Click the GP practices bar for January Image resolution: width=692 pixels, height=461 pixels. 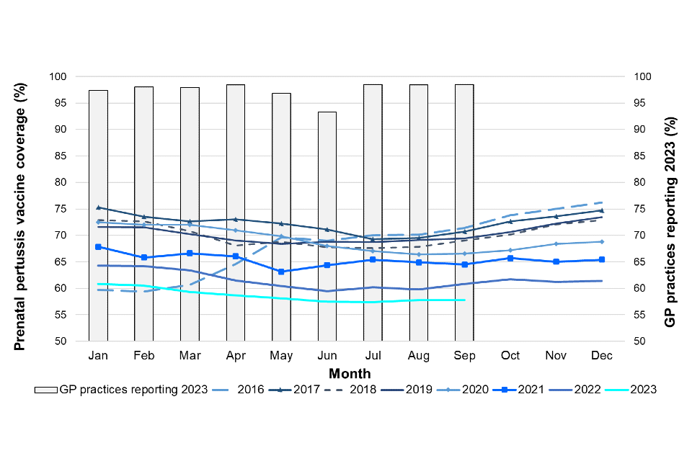click(x=98, y=215)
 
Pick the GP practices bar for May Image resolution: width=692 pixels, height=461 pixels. click(x=281, y=217)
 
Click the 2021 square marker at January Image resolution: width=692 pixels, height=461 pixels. click(x=98, y=247)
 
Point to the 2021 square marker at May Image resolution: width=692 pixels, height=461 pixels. click(x=281, y=272)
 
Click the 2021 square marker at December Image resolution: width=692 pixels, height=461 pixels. click(x=602, y=259)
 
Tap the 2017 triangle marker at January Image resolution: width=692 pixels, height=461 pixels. click(x=98, y=207)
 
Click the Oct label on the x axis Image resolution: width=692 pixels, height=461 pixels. click(x=510, y=356)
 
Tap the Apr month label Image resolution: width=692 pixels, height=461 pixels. click(x=235, y=356)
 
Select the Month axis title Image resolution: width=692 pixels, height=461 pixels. click(x=350, y=373)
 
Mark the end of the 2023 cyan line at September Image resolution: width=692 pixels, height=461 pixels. click(x=465, y=300)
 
